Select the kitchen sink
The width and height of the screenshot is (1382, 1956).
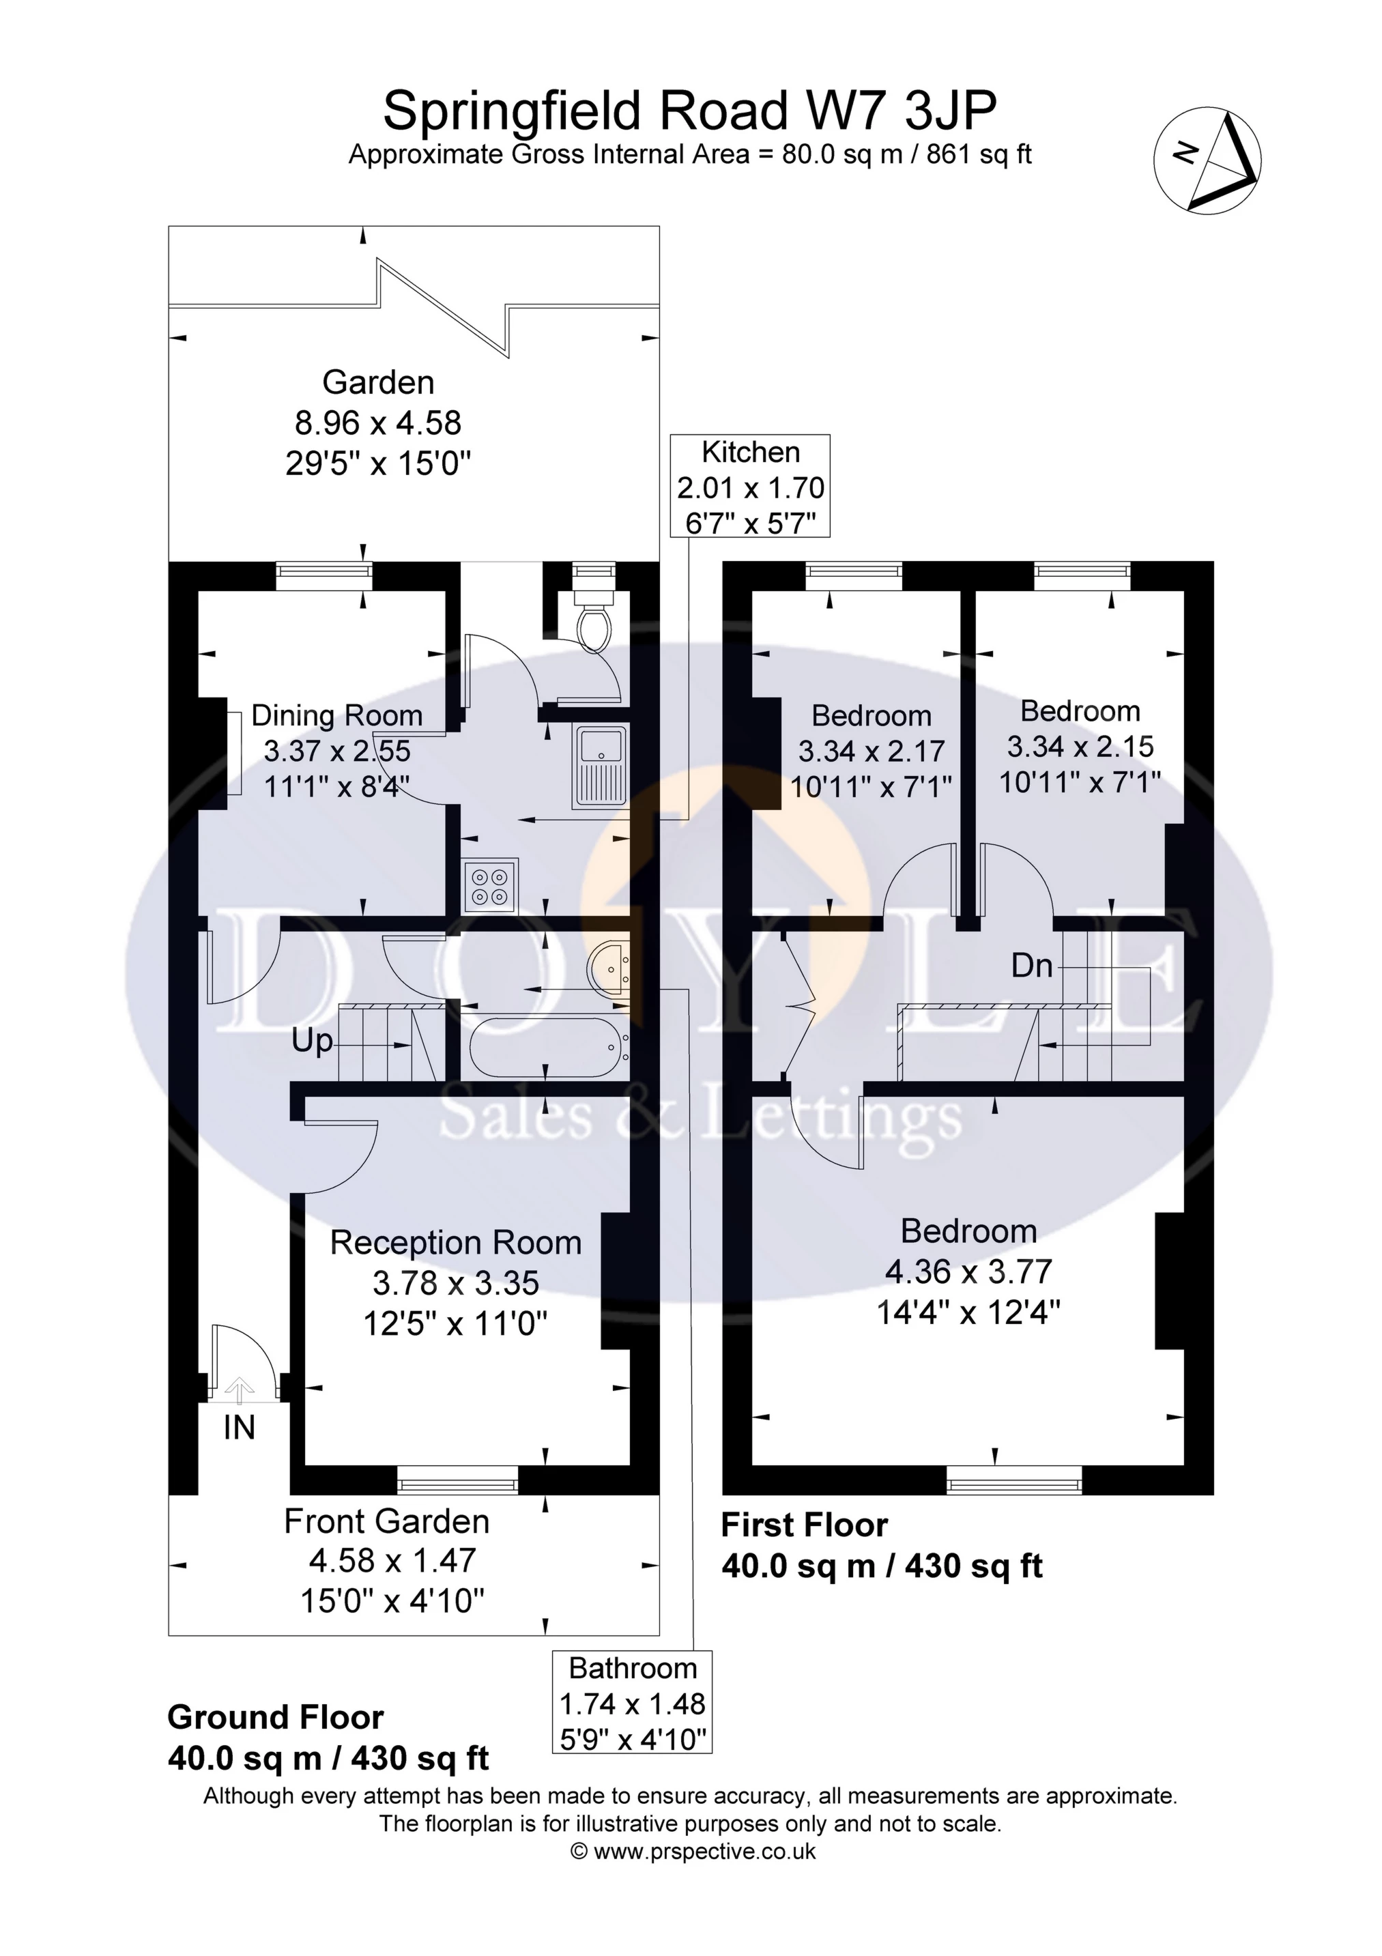(x=601, y=766)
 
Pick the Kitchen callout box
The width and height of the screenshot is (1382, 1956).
(x=751, y=487)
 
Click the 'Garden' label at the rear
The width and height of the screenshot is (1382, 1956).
(x=378, y=382)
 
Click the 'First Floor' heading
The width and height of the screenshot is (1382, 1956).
(x=805, y=1525)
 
